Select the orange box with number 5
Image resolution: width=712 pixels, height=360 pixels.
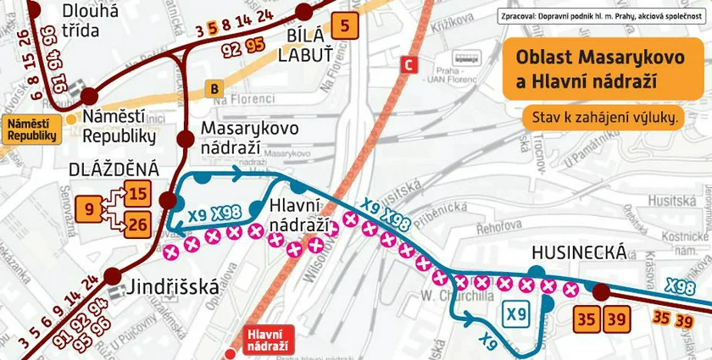coord(343,26)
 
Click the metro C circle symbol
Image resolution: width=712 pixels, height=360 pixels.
coord(410,64)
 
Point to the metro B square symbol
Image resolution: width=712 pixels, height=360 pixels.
coord(214,87)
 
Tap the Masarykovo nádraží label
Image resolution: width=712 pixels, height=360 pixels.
coord(249,136)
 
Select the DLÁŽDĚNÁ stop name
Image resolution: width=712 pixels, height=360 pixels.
coord(114,169)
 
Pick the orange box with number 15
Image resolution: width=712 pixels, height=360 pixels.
coord(138,194)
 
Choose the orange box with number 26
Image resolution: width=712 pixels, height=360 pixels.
coord(138,224)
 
